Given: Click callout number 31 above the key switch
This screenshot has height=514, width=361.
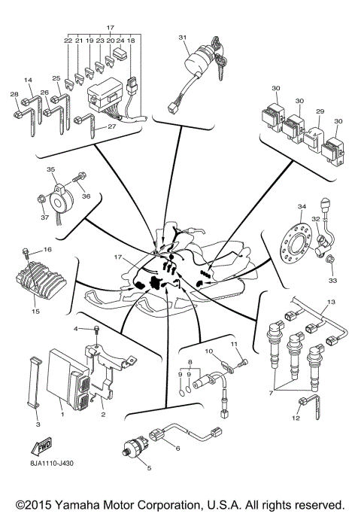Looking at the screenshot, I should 182,37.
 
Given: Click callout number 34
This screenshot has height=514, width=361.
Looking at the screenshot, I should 301,207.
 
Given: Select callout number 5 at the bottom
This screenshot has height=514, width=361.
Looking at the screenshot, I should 149,467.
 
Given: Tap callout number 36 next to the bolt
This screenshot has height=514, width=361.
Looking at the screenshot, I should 86,196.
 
